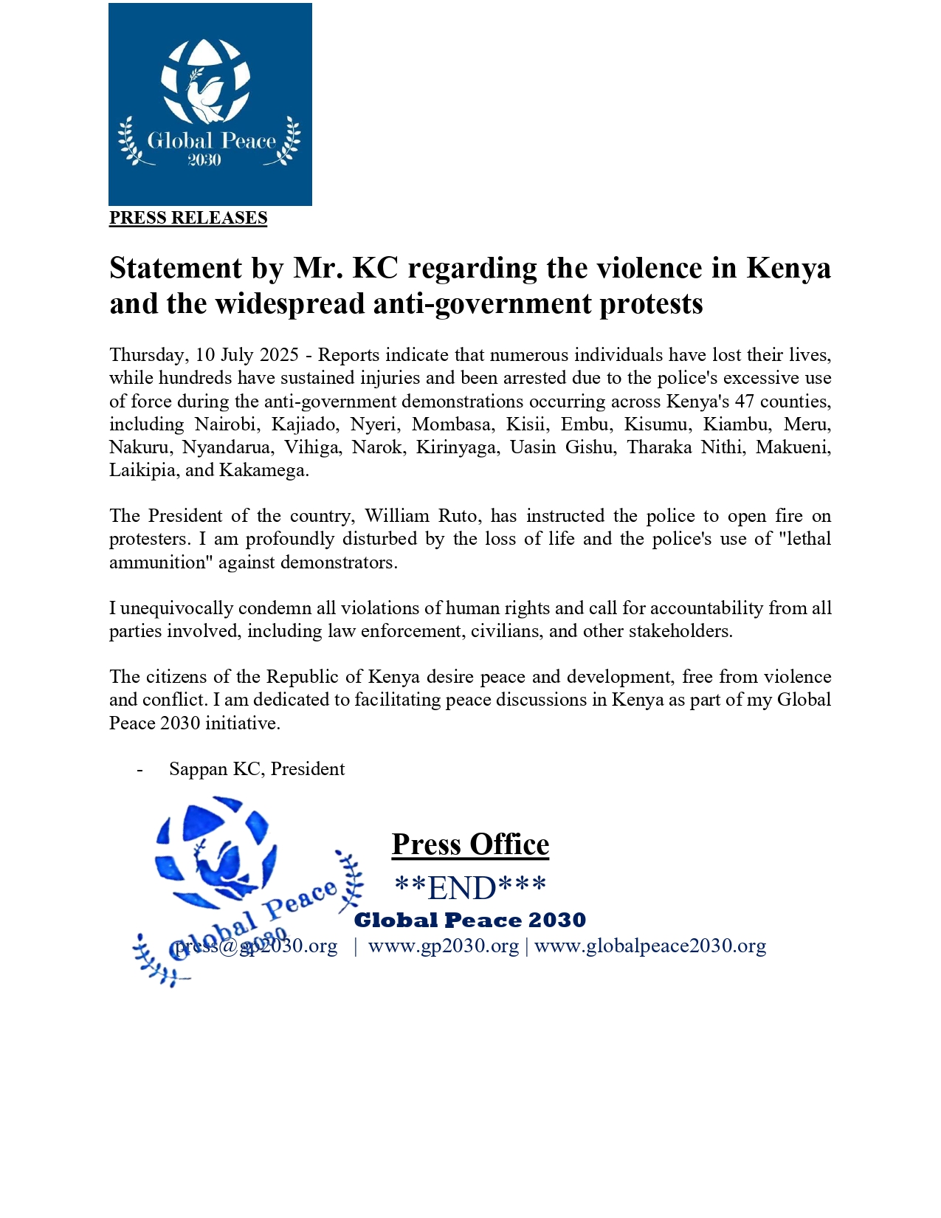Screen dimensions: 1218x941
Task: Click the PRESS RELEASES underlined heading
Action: coord(188,218)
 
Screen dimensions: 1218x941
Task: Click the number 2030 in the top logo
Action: coord(204,160)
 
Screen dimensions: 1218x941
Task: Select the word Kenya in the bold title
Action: coord(788,268)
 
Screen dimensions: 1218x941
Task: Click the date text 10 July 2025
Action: coord(247,355)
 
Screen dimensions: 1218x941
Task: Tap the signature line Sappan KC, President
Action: coord(256,769)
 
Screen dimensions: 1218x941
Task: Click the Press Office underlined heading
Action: coord(470,844)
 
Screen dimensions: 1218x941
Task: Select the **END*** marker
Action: coord(470,888)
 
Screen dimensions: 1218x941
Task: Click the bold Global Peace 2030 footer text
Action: coord(470,921)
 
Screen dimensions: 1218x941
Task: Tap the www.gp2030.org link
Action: coord(443,946)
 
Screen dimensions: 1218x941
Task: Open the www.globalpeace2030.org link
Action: coord(650,946)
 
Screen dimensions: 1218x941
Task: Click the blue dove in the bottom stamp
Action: coord(221,864)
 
